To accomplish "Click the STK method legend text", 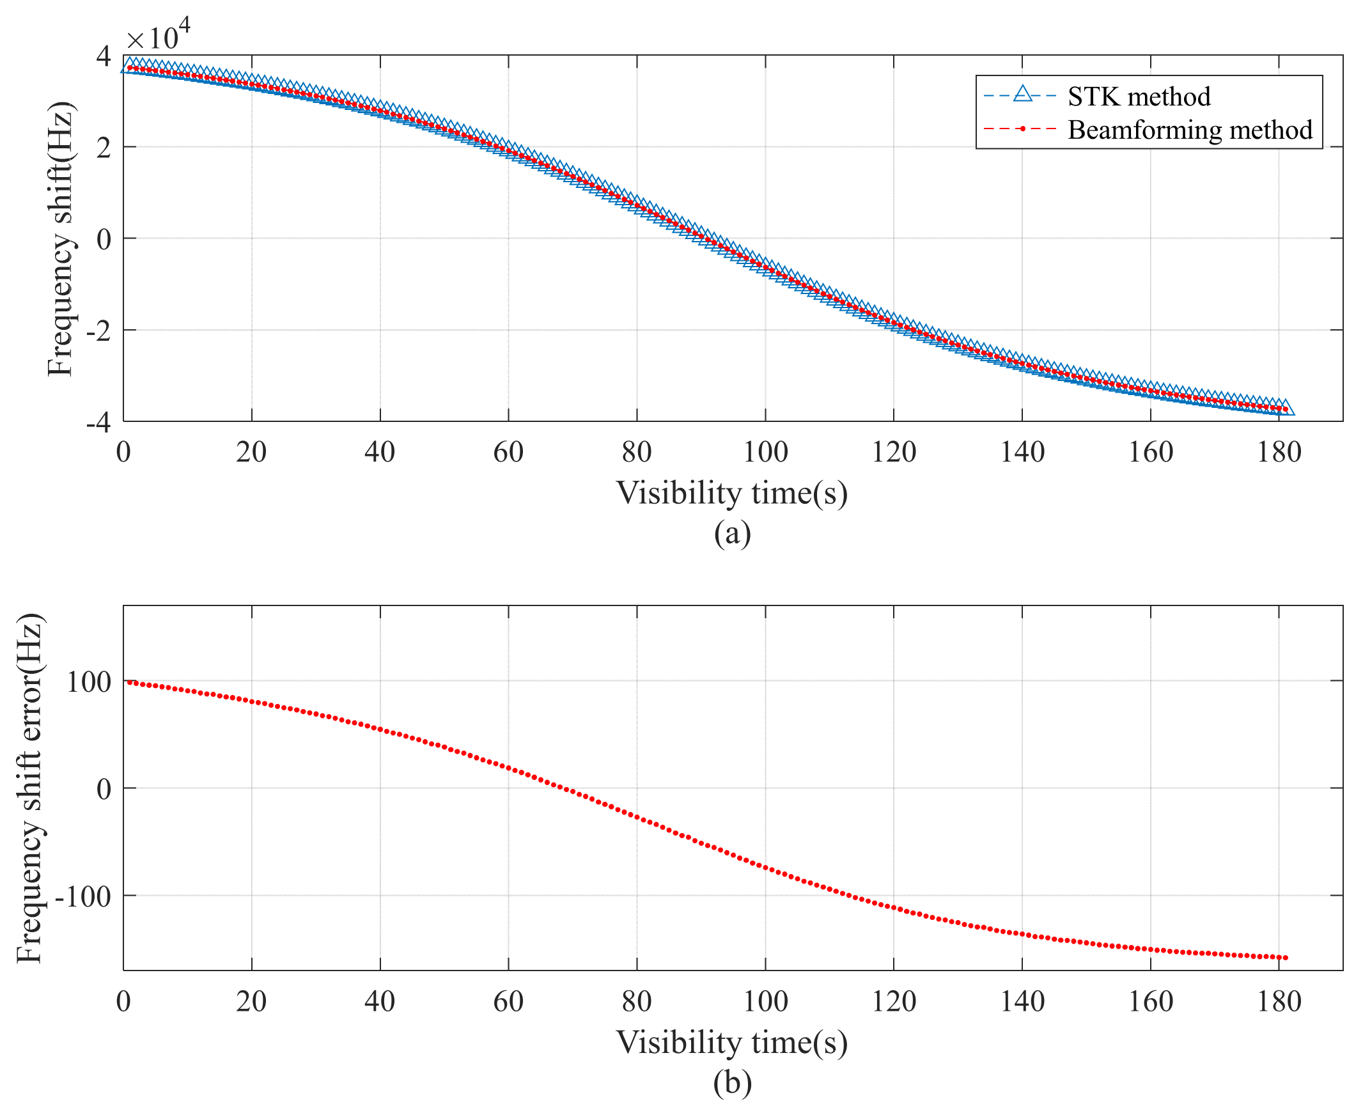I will coord(1138,97).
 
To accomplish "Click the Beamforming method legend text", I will coord(1190,130).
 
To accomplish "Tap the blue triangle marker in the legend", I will coord(1023,95).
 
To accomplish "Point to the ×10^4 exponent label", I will coord(158,36).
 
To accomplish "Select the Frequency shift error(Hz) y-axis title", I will coord(29,789).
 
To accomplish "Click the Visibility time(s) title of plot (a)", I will coord(731,494).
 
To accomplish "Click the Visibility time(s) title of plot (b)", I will coord(731,1041).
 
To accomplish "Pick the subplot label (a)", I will coord(731,534).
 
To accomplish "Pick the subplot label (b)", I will coord(731,1082).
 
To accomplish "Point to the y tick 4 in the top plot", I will coord(104,56).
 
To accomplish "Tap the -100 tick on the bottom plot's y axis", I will coord(84,896).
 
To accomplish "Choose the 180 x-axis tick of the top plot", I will coord(1278,453).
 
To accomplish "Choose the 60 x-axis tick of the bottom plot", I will coord(508,1002).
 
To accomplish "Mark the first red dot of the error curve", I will coord(129,682).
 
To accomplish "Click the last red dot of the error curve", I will coord(1285,958).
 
